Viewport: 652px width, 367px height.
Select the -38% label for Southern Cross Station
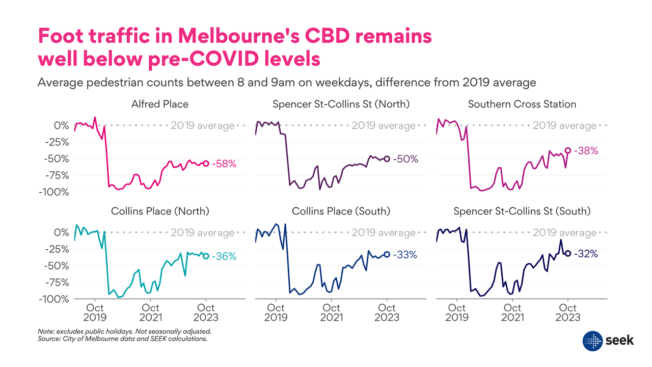click(x=586, y=151)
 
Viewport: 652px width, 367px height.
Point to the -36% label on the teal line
click(x=224, y=256)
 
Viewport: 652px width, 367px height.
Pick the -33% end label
click(x=405, y=254)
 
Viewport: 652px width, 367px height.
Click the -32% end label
click(x=586, y=253)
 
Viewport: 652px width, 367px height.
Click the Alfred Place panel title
click(x=159, y=104)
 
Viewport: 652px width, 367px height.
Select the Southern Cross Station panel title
click(x=522, y=104)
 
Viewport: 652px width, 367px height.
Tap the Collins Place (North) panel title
click(x=159, y=211)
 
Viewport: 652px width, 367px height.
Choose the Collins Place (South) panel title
click(x=341, y=211)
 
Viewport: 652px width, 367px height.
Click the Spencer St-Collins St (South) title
click(x=522, y=211)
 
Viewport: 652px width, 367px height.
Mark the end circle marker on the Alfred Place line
click(x=206, y=164)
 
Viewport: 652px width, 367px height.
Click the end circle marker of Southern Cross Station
click(x=568, y=150)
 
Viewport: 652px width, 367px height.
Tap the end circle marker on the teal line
click(x=206, y=256)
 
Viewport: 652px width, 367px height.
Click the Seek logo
click(x=608, y=340)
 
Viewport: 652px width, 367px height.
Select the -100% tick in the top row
click(x=53, y=192)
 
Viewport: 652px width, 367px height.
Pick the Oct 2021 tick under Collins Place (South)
click(x=332, y=312)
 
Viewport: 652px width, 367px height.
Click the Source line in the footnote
click(x=122, y=338)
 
